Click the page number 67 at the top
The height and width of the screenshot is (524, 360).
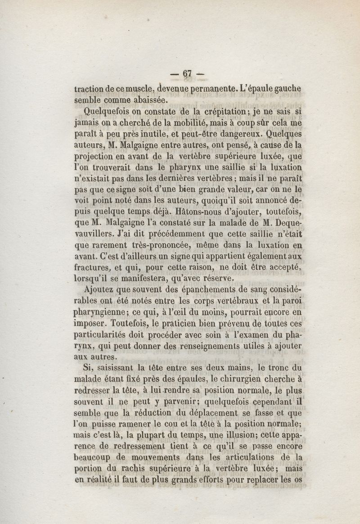click(x=188, y=74)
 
